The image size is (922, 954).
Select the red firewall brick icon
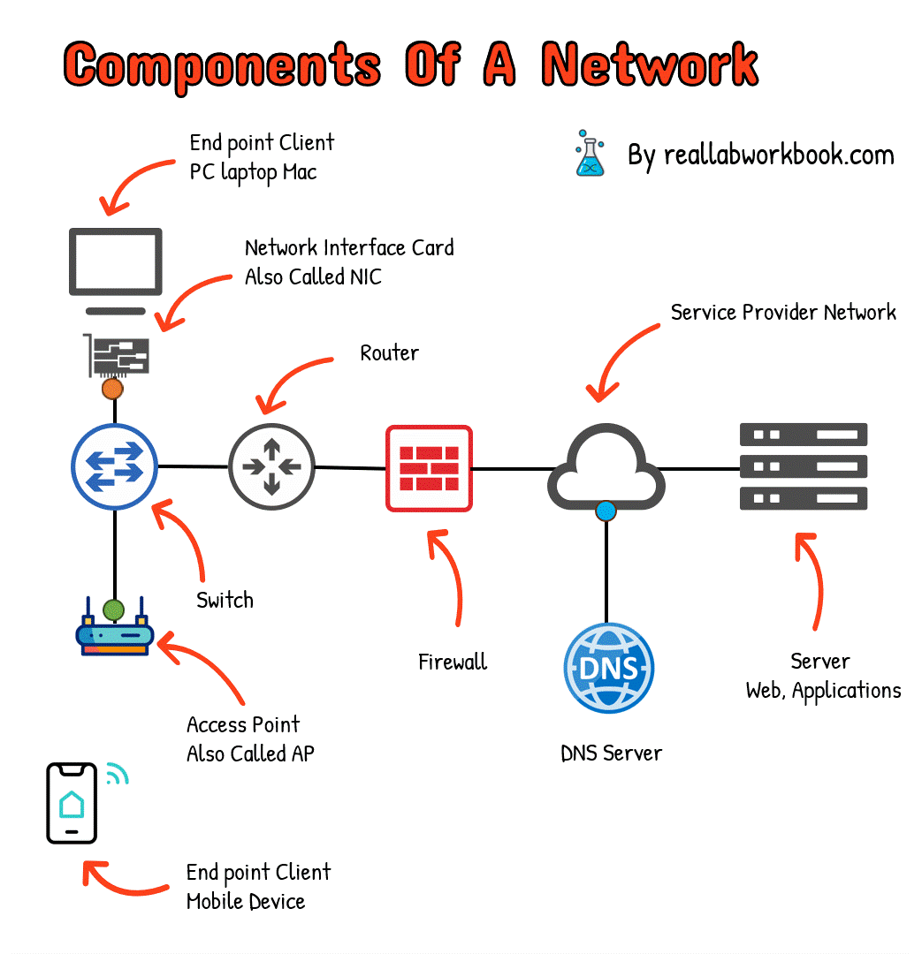coord(429,468)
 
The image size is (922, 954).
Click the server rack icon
coord(803,466)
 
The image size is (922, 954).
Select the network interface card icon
coord(117,355)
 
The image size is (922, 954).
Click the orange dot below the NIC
coord(112,388)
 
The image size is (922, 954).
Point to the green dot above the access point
coord(114,609)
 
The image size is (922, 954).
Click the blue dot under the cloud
coord(606,511)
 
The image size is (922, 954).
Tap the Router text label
coord(389,353)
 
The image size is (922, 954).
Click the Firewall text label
coord(453,662)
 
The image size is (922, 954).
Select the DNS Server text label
coord(611,753)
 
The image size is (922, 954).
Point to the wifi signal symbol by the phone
coord(117,775)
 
